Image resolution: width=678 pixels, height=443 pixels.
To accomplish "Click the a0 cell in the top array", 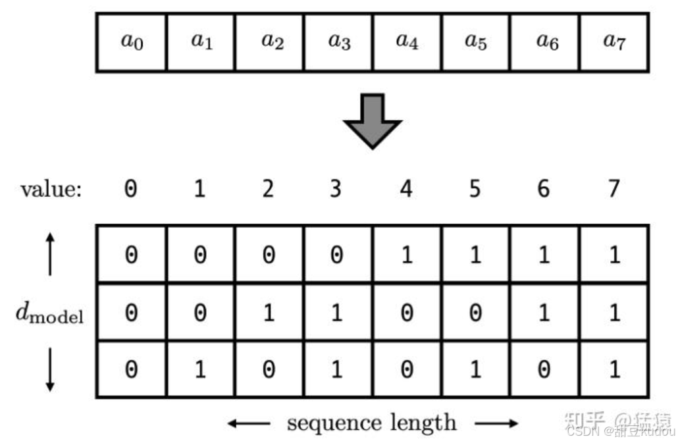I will pyautogui.click(x=132, y=41).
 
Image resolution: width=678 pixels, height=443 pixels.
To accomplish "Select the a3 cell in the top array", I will pyautogui.click(x=339, y=41).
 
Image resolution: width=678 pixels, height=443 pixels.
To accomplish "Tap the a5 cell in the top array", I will pyautogui.click(x=476, y=41).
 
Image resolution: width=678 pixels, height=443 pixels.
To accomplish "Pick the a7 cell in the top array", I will pyautogui.click(x=614, y=41).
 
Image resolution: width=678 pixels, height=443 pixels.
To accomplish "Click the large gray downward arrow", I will pyautogui.click(x=373, y=120).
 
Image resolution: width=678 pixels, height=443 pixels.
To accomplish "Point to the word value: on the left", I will pyautogui.click(x=51, y=190).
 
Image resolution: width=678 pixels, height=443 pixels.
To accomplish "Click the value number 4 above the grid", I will pyautogui.click(x=406, y=190).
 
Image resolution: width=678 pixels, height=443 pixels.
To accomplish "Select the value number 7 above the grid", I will pyautogui.click(x=613, y=190).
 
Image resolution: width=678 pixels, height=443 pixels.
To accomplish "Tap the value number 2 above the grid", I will pyautogui.click(x=268, y=190).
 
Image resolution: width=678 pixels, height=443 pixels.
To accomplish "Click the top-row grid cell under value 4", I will pyautogui.click(x=407, y=255).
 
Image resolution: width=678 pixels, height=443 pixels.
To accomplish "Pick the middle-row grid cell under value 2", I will pyautogui.click(x=269, y=312).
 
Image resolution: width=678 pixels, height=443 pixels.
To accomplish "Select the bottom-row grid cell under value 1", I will pyautogui.click(x=200, y=369).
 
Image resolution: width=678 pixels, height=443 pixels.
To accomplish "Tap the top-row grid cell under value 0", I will pyautogui.click(x=132, y=255).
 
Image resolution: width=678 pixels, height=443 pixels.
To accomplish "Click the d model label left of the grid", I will pyautogui.click(x=50, y=314).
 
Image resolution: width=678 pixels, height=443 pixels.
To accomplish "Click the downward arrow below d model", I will pyautogui.click(x=50, y=370).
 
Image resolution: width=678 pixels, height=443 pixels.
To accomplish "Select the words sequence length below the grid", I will pyautogui.click(x=372, y=423).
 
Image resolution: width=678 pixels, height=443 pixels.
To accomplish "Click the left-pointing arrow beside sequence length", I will pyautogui.click(x=249, y=423).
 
